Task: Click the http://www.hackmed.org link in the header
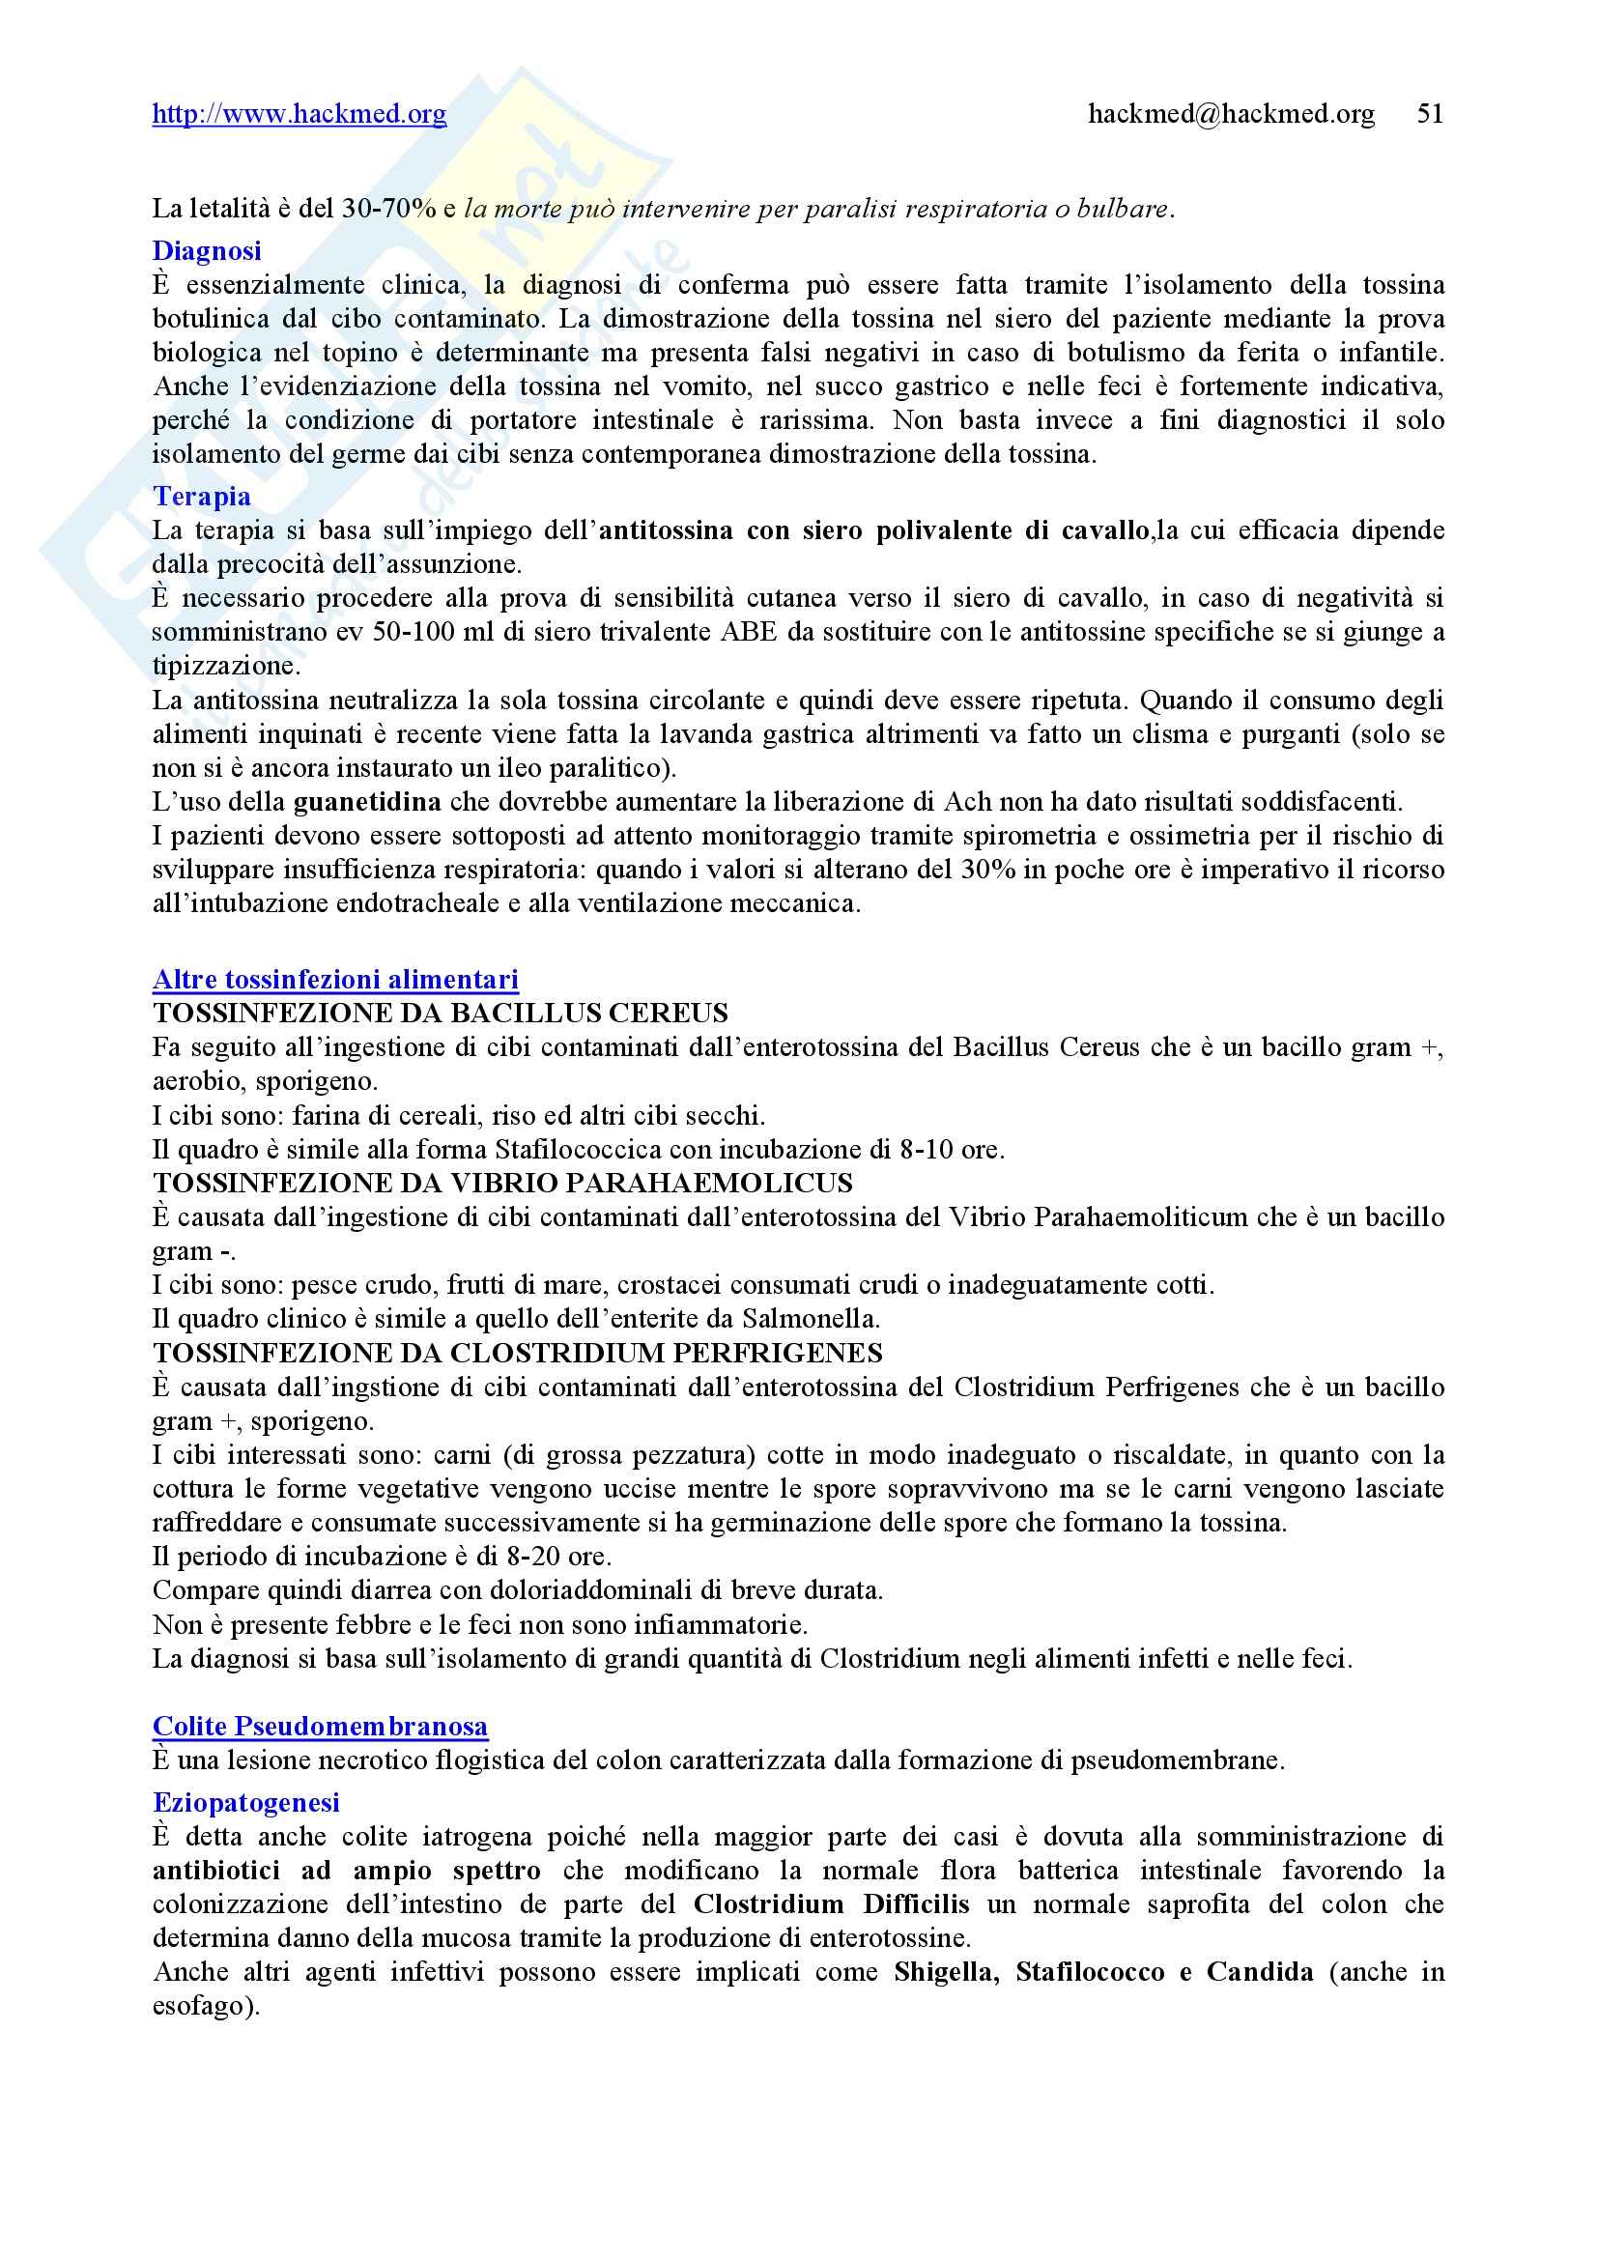(299, 114)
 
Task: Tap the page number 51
(1430, 114)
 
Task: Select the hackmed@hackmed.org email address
(1231, 114)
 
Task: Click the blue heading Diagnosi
(207, 251)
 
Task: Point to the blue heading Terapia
(202, 496)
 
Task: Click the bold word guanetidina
(367, 801)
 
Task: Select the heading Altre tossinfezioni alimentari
(335, 980)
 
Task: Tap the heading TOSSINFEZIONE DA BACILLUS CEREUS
(440, 1013)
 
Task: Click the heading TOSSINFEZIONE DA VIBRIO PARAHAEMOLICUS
(501, 1184)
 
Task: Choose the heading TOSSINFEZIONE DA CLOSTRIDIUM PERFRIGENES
(518, 1354)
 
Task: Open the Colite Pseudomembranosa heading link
(320, 1727)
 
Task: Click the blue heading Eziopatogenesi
(246, 1802)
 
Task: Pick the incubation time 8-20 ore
(556, 1557)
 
